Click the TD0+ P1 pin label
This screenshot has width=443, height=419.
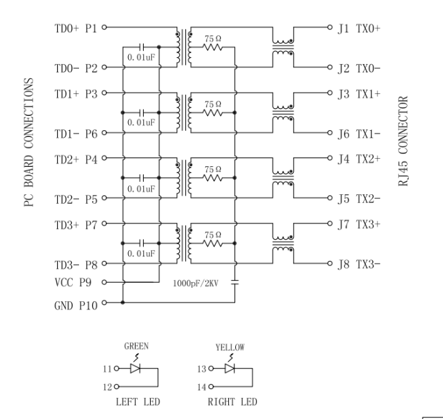click(x=76, y=29)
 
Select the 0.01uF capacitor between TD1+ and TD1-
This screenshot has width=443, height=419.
click(x=142, y=112)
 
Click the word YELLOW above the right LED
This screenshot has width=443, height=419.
click(x=228, y=346)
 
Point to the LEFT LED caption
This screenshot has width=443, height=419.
click(x=138, y=402)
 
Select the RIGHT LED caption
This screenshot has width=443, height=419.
click(x=232, y=402)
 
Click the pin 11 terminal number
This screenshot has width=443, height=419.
click(x=107, y=369)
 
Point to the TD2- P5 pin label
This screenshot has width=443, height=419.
click(x=76, y=199)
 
